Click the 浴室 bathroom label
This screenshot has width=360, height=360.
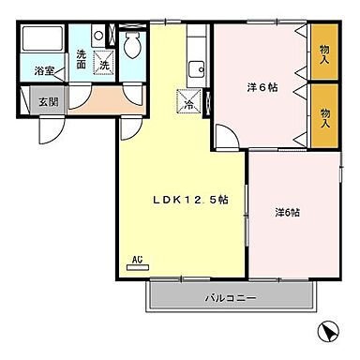43,70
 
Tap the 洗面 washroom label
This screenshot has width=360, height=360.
82,59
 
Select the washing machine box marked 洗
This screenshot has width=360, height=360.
105,66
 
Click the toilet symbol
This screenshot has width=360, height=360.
133,43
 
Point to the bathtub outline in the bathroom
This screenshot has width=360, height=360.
43,41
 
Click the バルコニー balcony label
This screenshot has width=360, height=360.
231,298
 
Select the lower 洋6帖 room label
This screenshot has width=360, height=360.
287,212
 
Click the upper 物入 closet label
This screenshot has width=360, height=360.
324,52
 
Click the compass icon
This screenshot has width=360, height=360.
328,332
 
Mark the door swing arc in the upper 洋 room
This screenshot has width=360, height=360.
225,136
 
